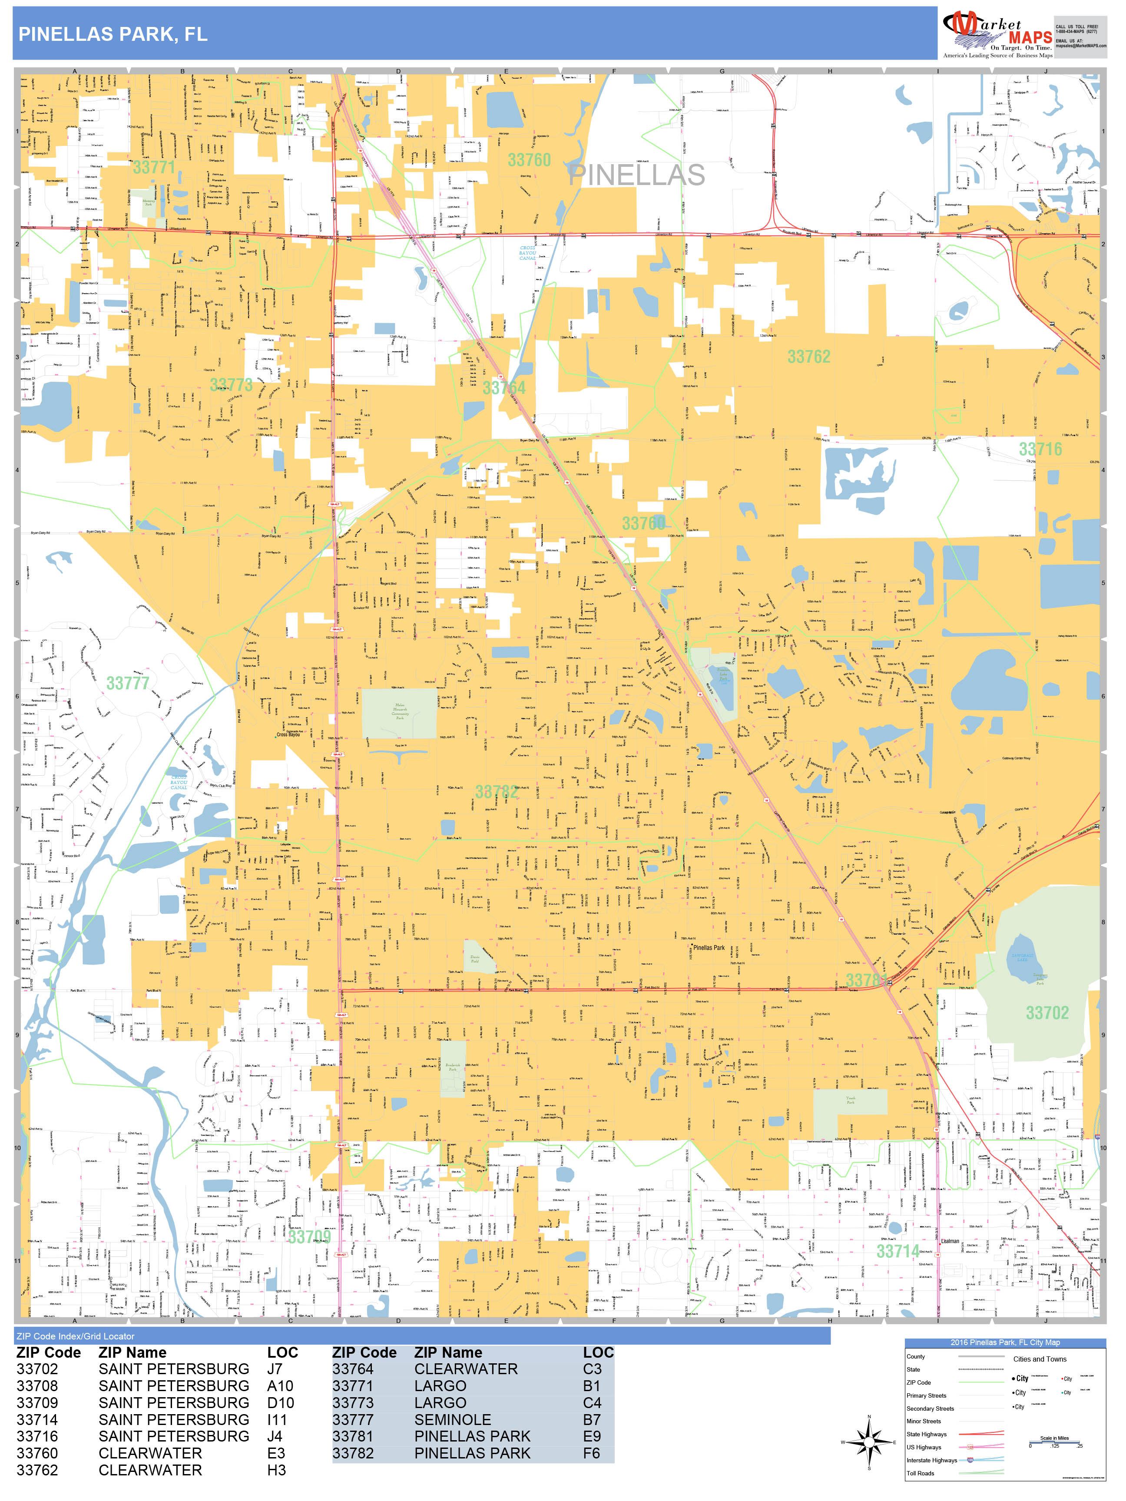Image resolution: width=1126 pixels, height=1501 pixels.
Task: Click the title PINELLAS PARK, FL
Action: [113, 35]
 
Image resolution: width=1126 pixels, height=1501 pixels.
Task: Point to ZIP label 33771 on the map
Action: [154, 167]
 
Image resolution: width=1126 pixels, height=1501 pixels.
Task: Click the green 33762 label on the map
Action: [808, 356]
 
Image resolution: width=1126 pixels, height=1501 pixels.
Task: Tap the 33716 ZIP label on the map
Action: [1040, 449]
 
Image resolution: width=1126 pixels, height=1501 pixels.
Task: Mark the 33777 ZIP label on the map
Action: [128, 683]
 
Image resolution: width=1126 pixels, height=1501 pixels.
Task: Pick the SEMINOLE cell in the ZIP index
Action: [452, 1420]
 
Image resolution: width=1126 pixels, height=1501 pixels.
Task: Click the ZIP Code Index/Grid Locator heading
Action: [75, 1336]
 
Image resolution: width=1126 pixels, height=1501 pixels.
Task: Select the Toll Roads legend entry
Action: [921, 1473]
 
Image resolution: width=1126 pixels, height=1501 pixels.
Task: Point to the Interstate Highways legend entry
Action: [931, 1460]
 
